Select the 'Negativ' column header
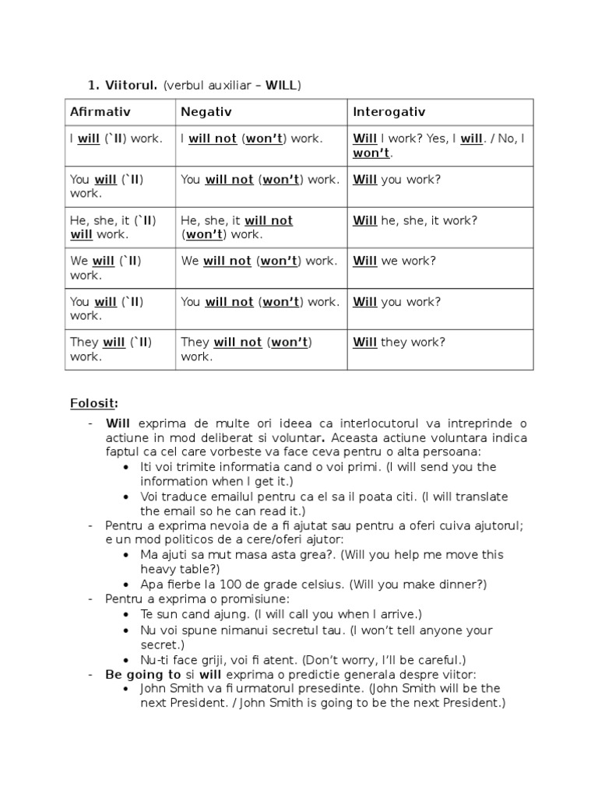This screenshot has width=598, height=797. tap(206, 112)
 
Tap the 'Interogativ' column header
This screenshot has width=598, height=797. tap(389, 112)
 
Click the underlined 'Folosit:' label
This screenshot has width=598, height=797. tap(94, 402)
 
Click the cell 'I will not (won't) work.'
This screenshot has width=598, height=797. tap(252, 139)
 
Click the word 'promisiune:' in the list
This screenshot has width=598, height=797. tap(258, 599)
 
